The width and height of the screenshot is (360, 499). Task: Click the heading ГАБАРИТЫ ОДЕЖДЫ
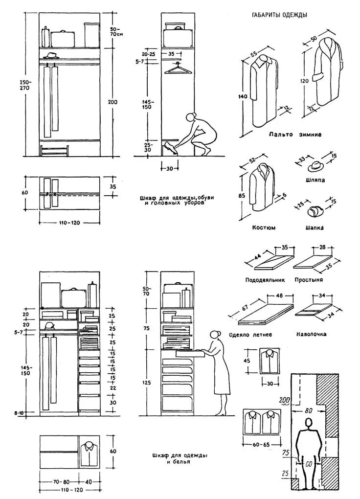(279, 15)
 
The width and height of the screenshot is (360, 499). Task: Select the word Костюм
(264, 227)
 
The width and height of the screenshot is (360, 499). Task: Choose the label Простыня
(309, 280)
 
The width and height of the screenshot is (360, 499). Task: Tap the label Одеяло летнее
(250, 335)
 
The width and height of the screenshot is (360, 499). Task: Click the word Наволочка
(311, 335)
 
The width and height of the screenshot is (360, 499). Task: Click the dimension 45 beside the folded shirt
(247, 361)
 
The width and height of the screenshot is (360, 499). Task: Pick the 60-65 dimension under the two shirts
(263, 446)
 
